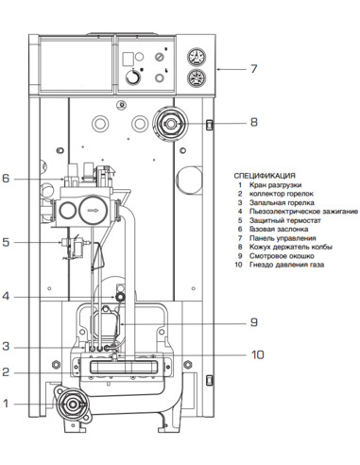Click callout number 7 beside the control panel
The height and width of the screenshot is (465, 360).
click(x=253, y=69)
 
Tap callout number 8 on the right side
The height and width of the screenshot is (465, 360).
click(x=253, y=122)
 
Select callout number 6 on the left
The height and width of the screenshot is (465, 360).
click(x=6, y=178)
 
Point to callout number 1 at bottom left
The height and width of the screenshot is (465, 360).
click(x=6, y=404)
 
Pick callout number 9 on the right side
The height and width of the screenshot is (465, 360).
click(x=253, y=321)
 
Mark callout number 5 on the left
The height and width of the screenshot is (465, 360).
click(x=6, y=243)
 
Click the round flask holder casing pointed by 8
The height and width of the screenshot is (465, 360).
click(x=170, y=122)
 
